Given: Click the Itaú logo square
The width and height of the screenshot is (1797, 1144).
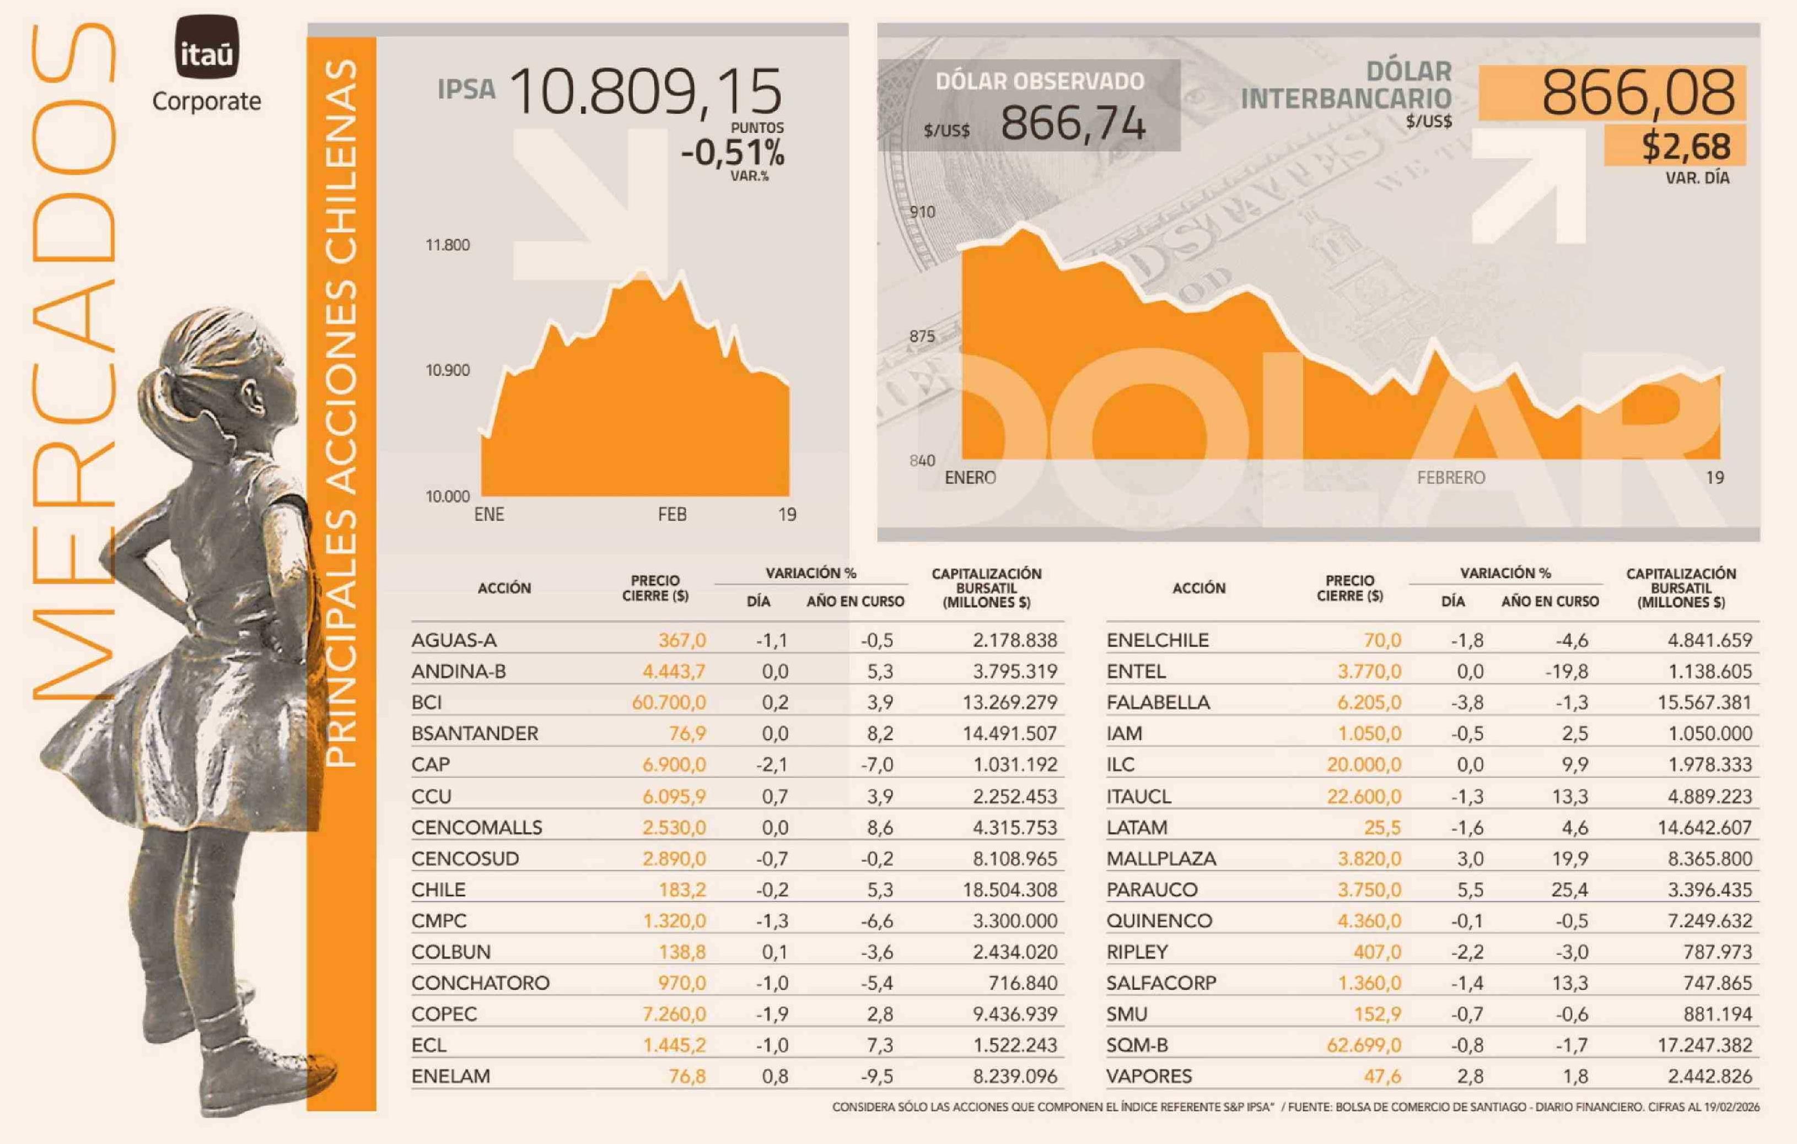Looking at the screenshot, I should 207,46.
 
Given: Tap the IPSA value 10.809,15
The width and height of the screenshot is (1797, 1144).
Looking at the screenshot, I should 646,93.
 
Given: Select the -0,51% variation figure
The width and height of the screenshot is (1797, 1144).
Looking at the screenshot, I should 732,153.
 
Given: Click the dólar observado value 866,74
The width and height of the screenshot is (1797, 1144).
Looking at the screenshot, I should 1072,124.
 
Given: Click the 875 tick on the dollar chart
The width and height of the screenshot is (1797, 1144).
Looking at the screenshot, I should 922,337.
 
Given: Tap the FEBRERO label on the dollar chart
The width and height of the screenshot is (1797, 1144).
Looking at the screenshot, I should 1451,478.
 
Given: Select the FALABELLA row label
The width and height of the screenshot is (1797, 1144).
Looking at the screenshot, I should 1158,702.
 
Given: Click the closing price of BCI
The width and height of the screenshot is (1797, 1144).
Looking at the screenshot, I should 668,702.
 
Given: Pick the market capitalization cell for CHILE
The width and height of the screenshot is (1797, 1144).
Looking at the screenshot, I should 1014,889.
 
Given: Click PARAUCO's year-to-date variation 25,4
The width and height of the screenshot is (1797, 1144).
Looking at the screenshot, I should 1569,889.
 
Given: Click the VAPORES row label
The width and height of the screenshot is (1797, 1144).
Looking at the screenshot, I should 1149,1076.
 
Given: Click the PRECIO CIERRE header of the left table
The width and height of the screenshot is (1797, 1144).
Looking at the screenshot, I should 655,588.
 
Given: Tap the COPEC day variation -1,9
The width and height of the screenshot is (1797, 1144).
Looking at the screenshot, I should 772,1014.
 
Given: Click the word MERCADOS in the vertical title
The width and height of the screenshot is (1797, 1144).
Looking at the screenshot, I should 74,358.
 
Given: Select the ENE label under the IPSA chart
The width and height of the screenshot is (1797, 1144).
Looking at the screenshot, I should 489,514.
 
